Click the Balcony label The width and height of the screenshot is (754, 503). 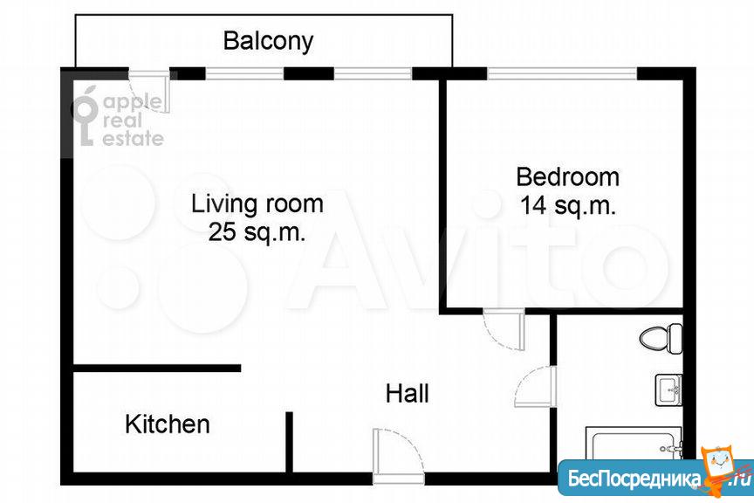[x=268, y=41]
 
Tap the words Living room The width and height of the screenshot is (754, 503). [x=257, y=203]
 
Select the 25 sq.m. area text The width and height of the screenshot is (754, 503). [x=257, y=232]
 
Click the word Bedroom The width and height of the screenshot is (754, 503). [x=567, y=176]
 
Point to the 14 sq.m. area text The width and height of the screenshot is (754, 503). [x=568, y=205]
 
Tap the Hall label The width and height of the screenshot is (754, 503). [x=408, y=394]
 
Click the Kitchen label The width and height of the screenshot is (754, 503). [x=168, y=424]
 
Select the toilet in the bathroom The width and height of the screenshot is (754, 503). [x=661, y=338]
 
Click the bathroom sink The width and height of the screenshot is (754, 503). [x=668, y=389]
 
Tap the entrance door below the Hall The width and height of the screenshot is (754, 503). [x=398, y=455]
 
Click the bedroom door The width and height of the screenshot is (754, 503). [x=504, y=330]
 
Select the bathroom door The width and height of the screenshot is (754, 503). [x=536, y=387]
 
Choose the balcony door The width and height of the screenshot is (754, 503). [x=149, y=93]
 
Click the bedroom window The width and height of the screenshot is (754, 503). [x=562, y=73]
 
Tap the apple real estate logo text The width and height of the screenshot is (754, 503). [x=133, y=121]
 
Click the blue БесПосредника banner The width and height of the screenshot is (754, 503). [x=655, y=477]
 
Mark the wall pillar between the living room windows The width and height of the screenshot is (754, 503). [x=309, y=73]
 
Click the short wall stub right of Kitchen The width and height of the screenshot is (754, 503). [x=289, y=442]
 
